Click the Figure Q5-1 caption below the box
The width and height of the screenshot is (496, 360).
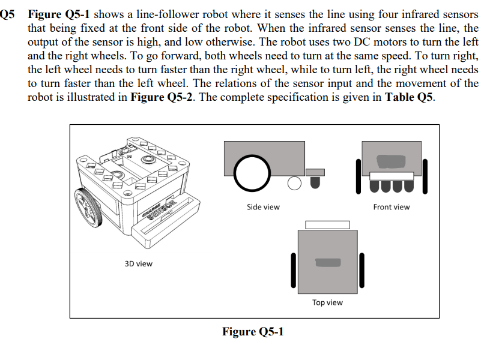click(253, 332)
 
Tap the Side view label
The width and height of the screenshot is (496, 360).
click(263, 207)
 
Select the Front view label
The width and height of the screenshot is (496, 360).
click(391, 207)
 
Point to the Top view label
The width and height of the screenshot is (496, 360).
click(327, 302)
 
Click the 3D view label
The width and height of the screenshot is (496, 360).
click(138, 263)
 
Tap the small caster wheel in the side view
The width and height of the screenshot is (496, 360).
click(294, 183)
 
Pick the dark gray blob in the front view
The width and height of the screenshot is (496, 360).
click(391, 161)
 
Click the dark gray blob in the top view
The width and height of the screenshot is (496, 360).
click(327, 263)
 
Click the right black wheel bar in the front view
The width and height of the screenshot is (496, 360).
click(425, 176)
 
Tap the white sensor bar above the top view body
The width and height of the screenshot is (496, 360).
click(327, 225)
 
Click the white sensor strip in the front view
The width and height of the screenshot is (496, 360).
click(391, 176)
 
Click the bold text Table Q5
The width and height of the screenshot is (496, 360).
click(409, 98)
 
